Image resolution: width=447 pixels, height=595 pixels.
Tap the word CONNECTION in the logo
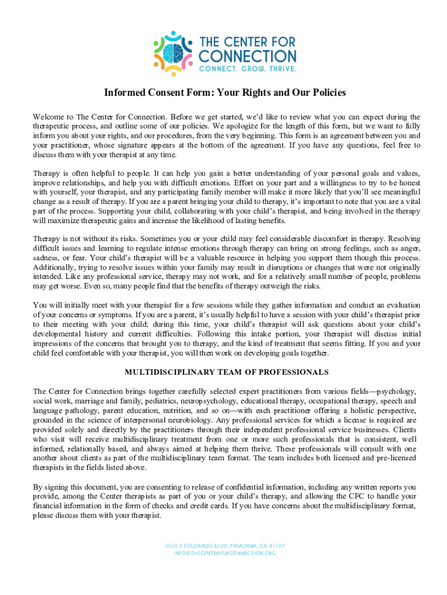[247, 56]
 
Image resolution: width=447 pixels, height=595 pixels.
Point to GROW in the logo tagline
[248, 69]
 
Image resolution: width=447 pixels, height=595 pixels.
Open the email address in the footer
[224, 553]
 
